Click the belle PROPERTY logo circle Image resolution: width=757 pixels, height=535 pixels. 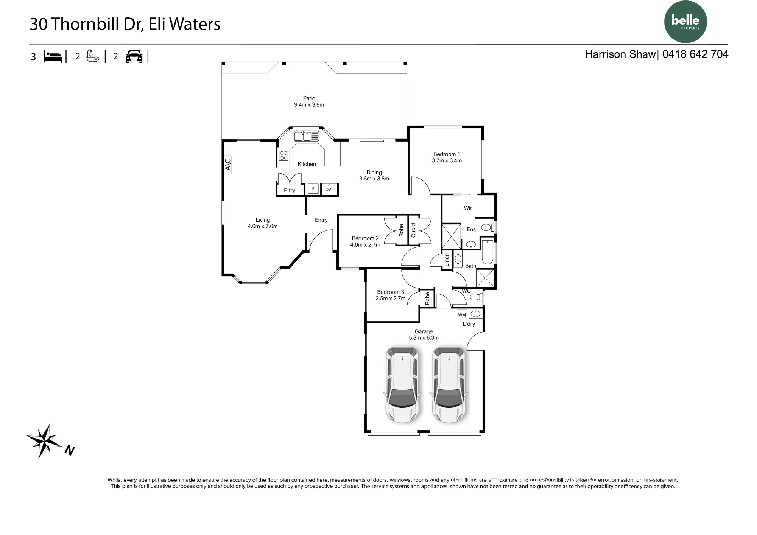[x=685, y=22]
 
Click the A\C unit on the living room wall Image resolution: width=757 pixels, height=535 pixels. [x=227, y=165]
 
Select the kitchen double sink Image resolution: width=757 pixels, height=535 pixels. [x=307, y=136]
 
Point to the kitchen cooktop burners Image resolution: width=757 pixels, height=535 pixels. [x=283, y=156]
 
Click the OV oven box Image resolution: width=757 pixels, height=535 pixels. [x=328, y=189]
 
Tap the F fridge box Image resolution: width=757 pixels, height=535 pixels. [x=313, y=189]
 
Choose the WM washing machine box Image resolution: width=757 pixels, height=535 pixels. [x=462, y=315]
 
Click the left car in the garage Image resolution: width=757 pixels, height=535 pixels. [x=402, y=385]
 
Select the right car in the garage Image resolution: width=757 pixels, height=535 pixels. [x=449, y=385]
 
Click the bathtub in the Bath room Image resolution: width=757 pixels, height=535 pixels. [x=488, y=252]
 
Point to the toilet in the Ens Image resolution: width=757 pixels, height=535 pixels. [x=488, y=227]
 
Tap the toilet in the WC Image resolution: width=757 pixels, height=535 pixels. [x=476, y=297]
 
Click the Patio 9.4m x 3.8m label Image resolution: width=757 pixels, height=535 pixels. [x=309, y=101]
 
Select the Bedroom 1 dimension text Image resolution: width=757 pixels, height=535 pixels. [x=447, y=160]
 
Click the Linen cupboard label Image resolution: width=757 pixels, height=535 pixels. [x=447, y=260]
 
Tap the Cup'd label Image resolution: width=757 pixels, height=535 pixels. [x=413, y=230]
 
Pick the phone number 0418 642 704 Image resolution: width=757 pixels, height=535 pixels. [x=695, y=54]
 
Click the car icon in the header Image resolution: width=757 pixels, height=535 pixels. [x=134, y=56]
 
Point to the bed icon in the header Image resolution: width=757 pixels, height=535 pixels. [x=53, y=56]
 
